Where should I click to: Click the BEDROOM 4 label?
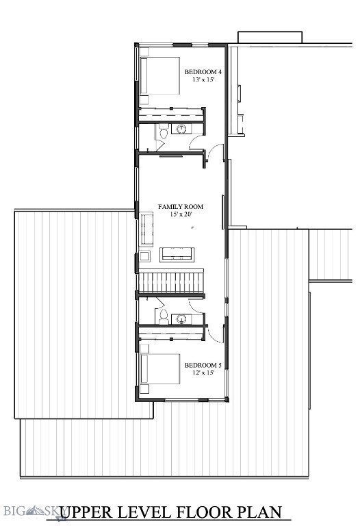[203, 72]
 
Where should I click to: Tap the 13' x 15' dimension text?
[203, 80]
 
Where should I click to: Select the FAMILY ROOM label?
[181, 206]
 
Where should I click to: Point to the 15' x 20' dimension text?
[181, 214]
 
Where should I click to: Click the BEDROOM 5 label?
[203, 365]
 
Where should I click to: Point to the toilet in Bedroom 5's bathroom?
[163, 316]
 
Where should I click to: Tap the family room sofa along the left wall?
[146, 229]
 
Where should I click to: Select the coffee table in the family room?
[177, 255]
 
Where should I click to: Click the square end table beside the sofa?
[144, 257]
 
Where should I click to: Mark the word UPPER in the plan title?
[90, 512]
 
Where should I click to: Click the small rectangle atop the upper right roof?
[270, 37]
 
